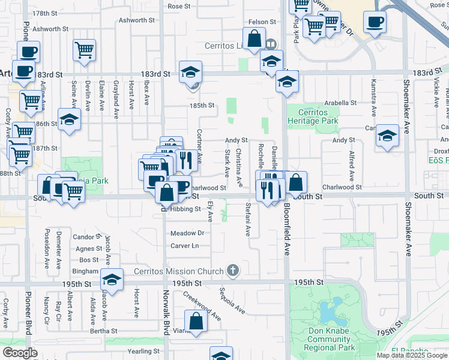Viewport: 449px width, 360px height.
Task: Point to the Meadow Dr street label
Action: click(187, 233)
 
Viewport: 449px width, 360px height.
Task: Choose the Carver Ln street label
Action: click(184, 246)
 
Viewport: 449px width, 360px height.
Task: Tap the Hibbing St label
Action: click(185, 209)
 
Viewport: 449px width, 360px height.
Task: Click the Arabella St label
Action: click(340, 103)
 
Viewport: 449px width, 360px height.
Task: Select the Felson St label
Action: click(262, 22)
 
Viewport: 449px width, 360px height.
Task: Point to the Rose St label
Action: click(179, 7)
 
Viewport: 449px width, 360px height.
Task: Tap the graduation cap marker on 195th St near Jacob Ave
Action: click(112, 279)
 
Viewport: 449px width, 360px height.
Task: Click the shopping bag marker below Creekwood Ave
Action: click(196, 321)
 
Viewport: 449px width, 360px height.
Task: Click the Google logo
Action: click(20, 352)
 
